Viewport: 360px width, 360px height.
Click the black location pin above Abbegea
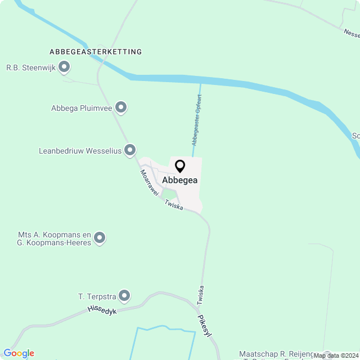coord(180,166)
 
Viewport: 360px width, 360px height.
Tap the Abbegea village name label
coord(180,180)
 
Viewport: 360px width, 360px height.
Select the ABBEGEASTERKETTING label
coord(96,52)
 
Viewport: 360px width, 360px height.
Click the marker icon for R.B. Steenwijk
coord(64,67)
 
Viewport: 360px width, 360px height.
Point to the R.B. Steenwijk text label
coord(30,67)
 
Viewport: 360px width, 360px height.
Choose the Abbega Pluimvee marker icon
coord(120,107)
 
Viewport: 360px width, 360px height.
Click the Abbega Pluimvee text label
coord(81,108)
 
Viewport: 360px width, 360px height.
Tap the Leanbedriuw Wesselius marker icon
coord(130,150)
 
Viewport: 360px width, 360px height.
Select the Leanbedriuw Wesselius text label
coord(80,151)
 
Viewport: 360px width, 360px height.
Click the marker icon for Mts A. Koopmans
coord(100,238)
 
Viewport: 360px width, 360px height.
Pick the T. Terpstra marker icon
coord(124,295)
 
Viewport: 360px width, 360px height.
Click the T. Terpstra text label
coord(96,296)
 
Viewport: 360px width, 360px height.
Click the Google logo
coord(19,353)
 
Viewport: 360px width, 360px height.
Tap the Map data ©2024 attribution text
coord(336,355)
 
